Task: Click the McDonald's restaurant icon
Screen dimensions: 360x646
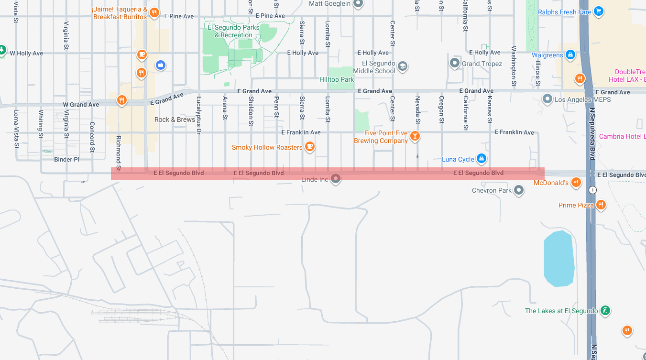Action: coord(576,182)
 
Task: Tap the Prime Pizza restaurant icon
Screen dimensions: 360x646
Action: coord(601,205)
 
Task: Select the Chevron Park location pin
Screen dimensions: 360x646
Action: coord(519,191)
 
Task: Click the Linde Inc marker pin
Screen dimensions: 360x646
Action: coord(336,179)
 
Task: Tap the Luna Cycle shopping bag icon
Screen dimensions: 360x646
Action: coord(482,159)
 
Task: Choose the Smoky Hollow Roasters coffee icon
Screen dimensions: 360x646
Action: coord(310,147)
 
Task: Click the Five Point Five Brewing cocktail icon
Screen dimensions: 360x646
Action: coord(415,136)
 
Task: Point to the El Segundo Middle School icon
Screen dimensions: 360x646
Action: coord(403,66)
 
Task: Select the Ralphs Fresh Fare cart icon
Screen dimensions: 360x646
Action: coord(599,11)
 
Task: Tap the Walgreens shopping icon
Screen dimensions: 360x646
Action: coord(570,55)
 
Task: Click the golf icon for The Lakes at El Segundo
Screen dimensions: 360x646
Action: coord(605,311)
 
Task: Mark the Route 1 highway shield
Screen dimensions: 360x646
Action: coord(593,190)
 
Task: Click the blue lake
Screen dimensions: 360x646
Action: coord(559,258)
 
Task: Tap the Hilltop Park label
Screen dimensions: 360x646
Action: coord(337,79)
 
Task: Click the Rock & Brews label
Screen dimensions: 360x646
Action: coord(175,120)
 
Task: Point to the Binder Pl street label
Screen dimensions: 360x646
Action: coord(66,159)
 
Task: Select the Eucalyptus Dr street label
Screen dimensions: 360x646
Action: coord(199,115)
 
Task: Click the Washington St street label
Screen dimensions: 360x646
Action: coord(514,65)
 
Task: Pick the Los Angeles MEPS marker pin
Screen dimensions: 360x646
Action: coord(547,99)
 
